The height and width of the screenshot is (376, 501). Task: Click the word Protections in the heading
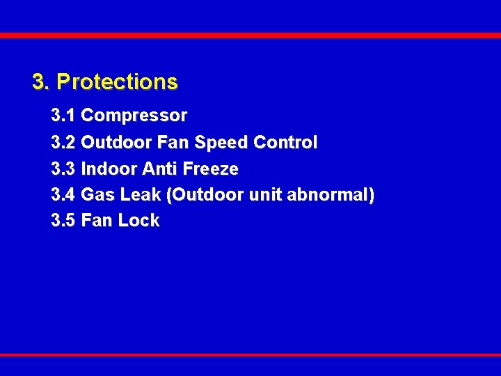tap(117, 82)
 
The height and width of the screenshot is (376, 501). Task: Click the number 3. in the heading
tap(41, 82)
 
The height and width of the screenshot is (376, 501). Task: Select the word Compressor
tap(134, 114)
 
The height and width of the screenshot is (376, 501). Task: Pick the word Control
tap(285, 143)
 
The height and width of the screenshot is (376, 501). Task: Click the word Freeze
tap(212, 169)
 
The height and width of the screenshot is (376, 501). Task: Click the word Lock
tap(138, 221)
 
